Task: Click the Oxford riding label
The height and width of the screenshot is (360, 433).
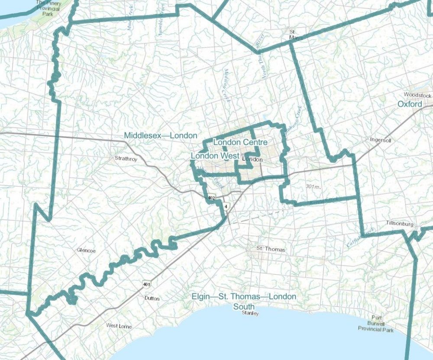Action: click(410, 104)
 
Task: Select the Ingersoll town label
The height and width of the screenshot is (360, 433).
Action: click(381, 141)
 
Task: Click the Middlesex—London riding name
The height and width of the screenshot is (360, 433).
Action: click(157, 135)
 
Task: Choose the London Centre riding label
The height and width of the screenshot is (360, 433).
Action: click(240, 142)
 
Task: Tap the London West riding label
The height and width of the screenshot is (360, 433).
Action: click(215, 155)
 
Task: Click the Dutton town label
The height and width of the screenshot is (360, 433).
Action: click(152, 299)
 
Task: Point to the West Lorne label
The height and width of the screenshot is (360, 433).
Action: click(119, 326)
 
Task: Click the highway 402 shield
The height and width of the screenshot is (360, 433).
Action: click(211, 198)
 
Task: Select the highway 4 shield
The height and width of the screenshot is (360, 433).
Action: click(226, 206)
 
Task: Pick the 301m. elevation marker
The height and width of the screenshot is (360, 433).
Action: click(312, 186)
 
